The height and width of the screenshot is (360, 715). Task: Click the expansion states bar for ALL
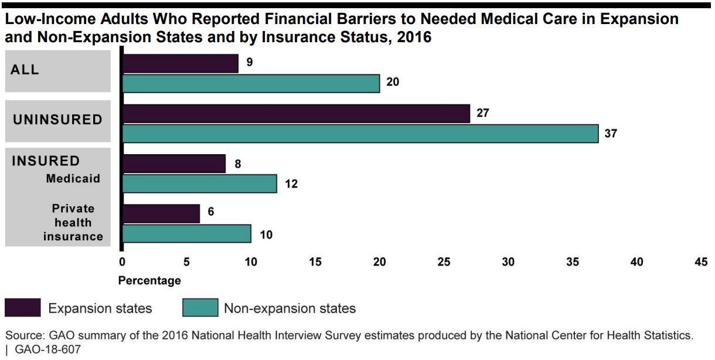pos(181,63)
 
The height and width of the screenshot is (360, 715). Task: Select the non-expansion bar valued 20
pos(251,84)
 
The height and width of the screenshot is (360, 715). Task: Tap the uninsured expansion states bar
pos(297,114)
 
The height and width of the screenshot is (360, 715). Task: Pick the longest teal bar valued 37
pos(360,134)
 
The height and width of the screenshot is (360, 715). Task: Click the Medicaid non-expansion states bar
pos(200,184)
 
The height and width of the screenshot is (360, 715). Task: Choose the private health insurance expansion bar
pos(161,213)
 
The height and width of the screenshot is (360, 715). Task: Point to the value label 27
pos(482,113)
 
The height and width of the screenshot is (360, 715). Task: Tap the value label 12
pos(291,184)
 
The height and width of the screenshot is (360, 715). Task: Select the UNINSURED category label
pos(57,120)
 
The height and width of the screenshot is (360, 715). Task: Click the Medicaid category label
pos(73,178)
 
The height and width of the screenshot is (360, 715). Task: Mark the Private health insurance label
pos(73,223)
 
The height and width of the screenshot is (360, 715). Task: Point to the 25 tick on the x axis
pos(444,262)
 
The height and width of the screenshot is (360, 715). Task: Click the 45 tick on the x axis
pos(701,262)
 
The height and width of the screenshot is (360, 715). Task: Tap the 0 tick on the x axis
pos(122,262)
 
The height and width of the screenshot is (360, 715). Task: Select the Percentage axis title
pos(149,281)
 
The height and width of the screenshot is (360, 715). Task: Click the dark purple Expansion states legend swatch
pos(23,308)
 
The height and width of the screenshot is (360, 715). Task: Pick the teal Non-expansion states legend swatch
pos(200,308)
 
